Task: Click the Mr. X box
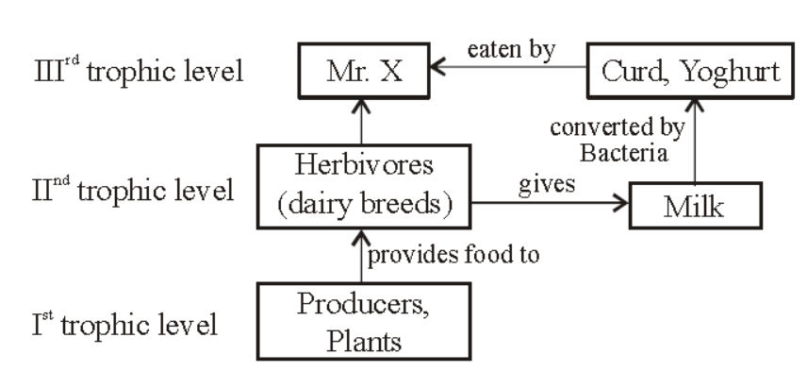(364, 71)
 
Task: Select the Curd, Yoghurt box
(690, 71)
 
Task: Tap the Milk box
(696, 206)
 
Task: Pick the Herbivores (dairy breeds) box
(364, 187)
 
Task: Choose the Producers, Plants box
(364, 321)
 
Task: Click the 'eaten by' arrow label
(511, 50)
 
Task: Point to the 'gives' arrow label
(546, 184)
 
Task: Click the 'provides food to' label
(453, 255)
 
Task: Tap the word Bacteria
(624, 153)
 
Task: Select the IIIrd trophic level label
(139, 70)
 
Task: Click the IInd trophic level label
(133, 190)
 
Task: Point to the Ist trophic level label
(124, 325)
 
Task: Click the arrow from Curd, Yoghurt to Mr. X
(508, 67)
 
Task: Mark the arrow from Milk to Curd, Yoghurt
(695, 141)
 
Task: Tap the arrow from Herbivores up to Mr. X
(362, 122)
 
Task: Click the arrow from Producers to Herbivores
(362, 256)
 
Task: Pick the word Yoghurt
(730, 73)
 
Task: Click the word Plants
(364, 341)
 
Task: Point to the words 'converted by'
(618, 127)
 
